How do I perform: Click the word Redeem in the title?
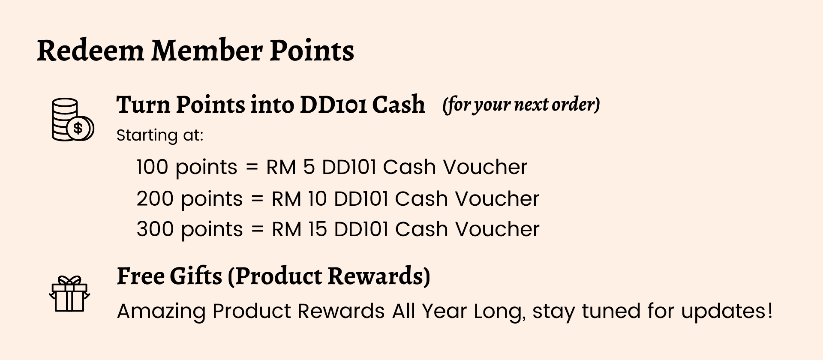pos(90,51)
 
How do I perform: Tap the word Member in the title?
pos(207,51)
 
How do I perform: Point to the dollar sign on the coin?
pos(78,128)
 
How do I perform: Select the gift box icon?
pos(69,294)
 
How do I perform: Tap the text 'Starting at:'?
pos(160,135)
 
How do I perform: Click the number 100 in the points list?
pos(152,167)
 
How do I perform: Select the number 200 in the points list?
pos(155,198)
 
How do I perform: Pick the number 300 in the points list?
pos(155,229)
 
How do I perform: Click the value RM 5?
pos(291,167)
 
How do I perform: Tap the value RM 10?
pos(299,198)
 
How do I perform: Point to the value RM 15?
pos(299,229)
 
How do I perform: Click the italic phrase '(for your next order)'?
pos(521,105)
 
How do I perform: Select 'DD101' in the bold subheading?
pos(333,105)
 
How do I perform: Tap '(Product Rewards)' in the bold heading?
pos(329,276)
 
